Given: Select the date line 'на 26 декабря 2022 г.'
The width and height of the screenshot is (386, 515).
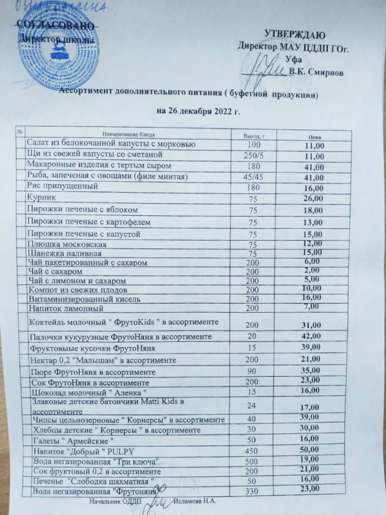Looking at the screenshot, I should pos(199,111).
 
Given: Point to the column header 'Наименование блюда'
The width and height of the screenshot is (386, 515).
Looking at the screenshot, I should pos(129,134).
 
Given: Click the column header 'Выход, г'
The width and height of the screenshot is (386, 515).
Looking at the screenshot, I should pos(254,136).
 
